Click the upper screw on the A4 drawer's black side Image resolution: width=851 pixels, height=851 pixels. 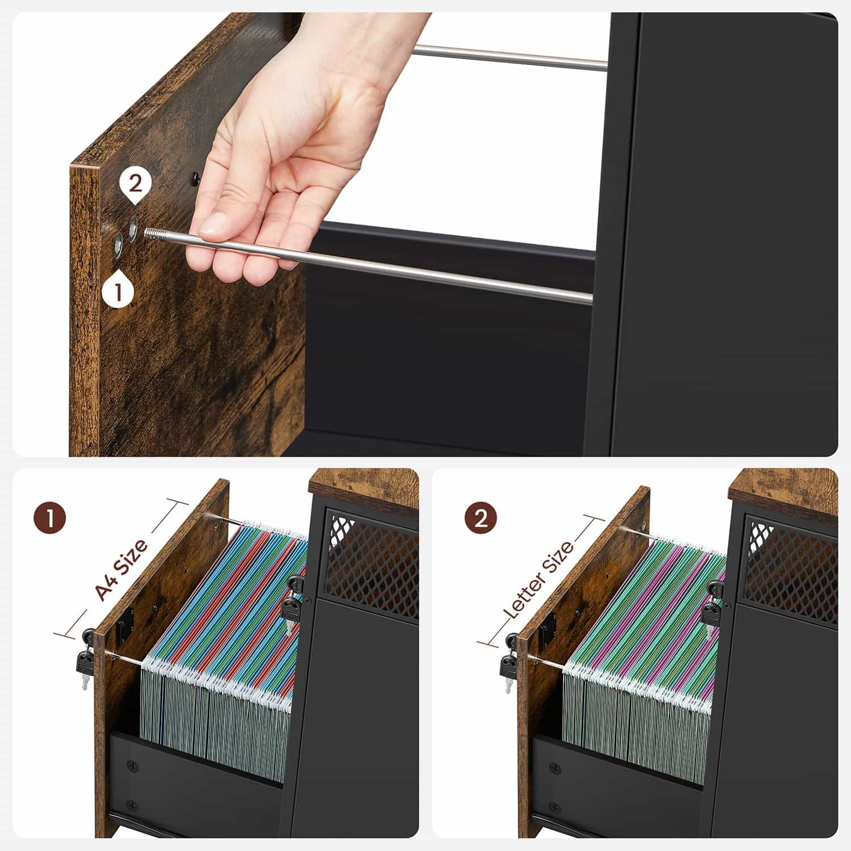(x=133, y=765)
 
